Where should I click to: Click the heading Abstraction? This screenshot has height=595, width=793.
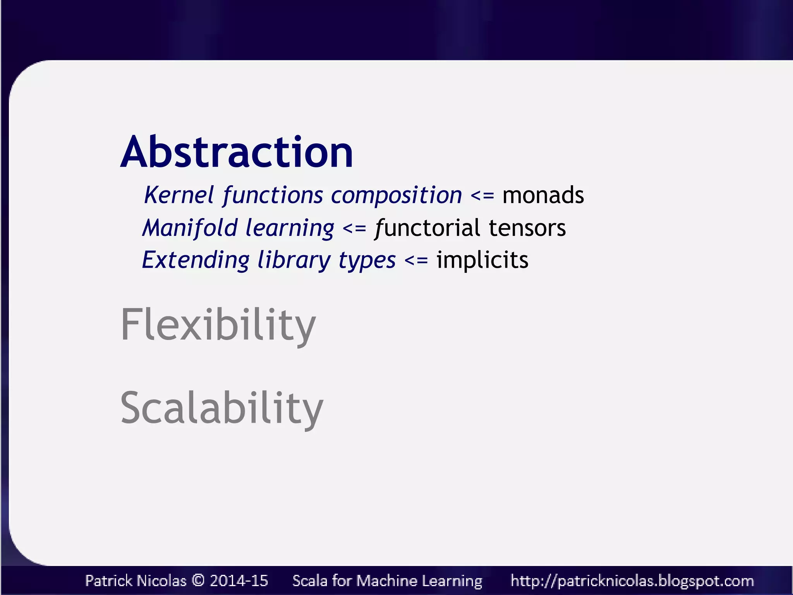pyautogui.click(x=237, y=152)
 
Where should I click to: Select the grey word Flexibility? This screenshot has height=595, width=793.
pyautogui.click(x=218, y=324)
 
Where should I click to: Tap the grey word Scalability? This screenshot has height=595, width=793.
pyautogui.click(x=221, y=408)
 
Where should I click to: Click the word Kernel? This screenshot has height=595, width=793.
pyautogui.click(x=179, y=195)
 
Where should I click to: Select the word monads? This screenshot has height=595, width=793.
pyautogui.click(x=543, y=195)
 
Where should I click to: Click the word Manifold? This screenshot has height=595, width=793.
pyautogui.click(x=190, y=227)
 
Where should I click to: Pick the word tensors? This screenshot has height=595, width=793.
pyautogui.click(x=527, y=228)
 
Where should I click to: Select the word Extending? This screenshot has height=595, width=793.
pyautogui.click(x=196, y=260)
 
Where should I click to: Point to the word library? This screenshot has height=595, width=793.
pyautogui.click(x=294, y=260)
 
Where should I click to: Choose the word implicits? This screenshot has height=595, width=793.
pyautogui.click(x=482, y=260)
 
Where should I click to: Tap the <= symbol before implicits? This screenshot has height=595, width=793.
pyautogui.click(x=416, y=260)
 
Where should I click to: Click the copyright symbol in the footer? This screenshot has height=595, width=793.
pyautogui.click(x=198, y=581)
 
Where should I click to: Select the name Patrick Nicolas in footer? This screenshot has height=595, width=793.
pyautogui.click(x=136, y=581)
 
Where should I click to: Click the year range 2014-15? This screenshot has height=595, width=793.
pyautogui.click(x=239, y=581)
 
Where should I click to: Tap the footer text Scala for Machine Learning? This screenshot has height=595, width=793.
pyautogui.click(x=387, y=581)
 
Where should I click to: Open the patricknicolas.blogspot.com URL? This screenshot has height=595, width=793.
pyautogui.click(x=632, y=581)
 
